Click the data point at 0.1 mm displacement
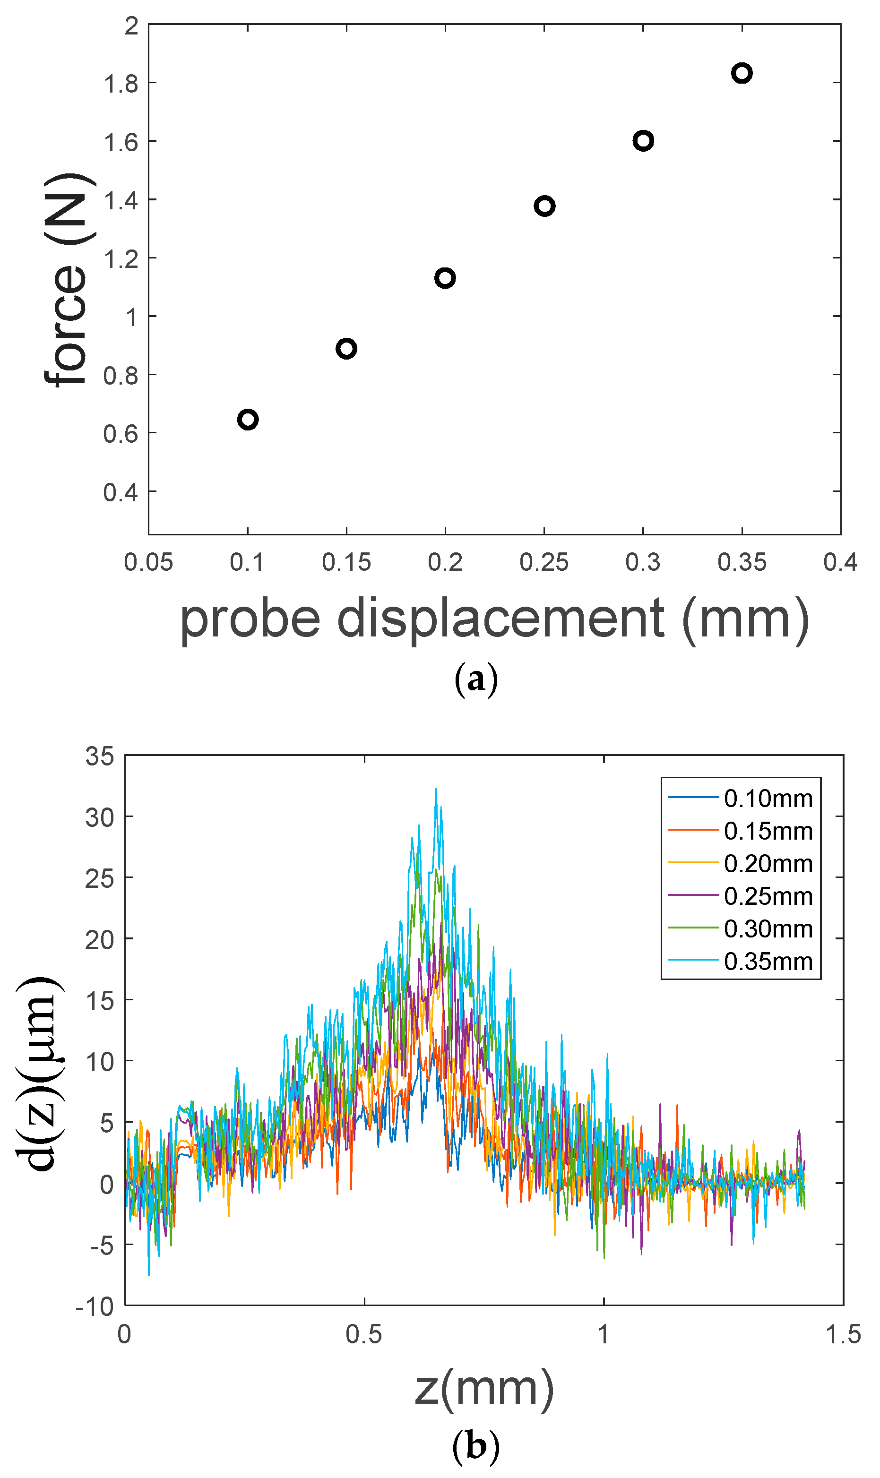point(247,420)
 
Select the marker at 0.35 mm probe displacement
point(742,73)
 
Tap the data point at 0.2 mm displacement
point(445,278)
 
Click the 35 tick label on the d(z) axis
point(100,757)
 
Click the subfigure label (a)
point(475,680)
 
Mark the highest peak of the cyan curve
point(436,789)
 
